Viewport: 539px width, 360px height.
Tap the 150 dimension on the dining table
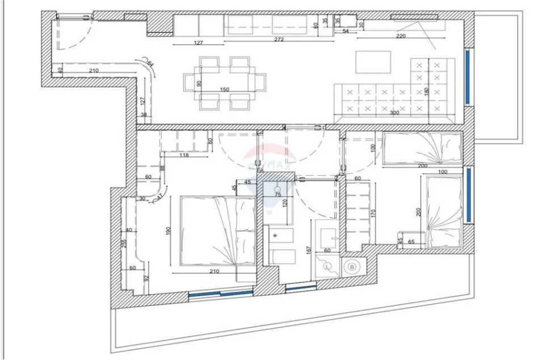pyautogui.click(x=224, y=90)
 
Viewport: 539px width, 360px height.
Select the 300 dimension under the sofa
pyautogui.click(x=392, y=113)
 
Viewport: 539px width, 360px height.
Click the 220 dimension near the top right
pyautogui.click(x=400, y=36)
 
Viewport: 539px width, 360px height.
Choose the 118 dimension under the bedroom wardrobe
pyautogui.click(x=183, y=155)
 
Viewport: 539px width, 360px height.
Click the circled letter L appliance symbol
pyautogui.click(x=328, y=265)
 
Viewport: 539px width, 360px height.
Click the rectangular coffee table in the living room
pyautogui.click(x=373, y=62)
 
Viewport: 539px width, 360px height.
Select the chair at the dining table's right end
pyautogui.click(x=260, y=82)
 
